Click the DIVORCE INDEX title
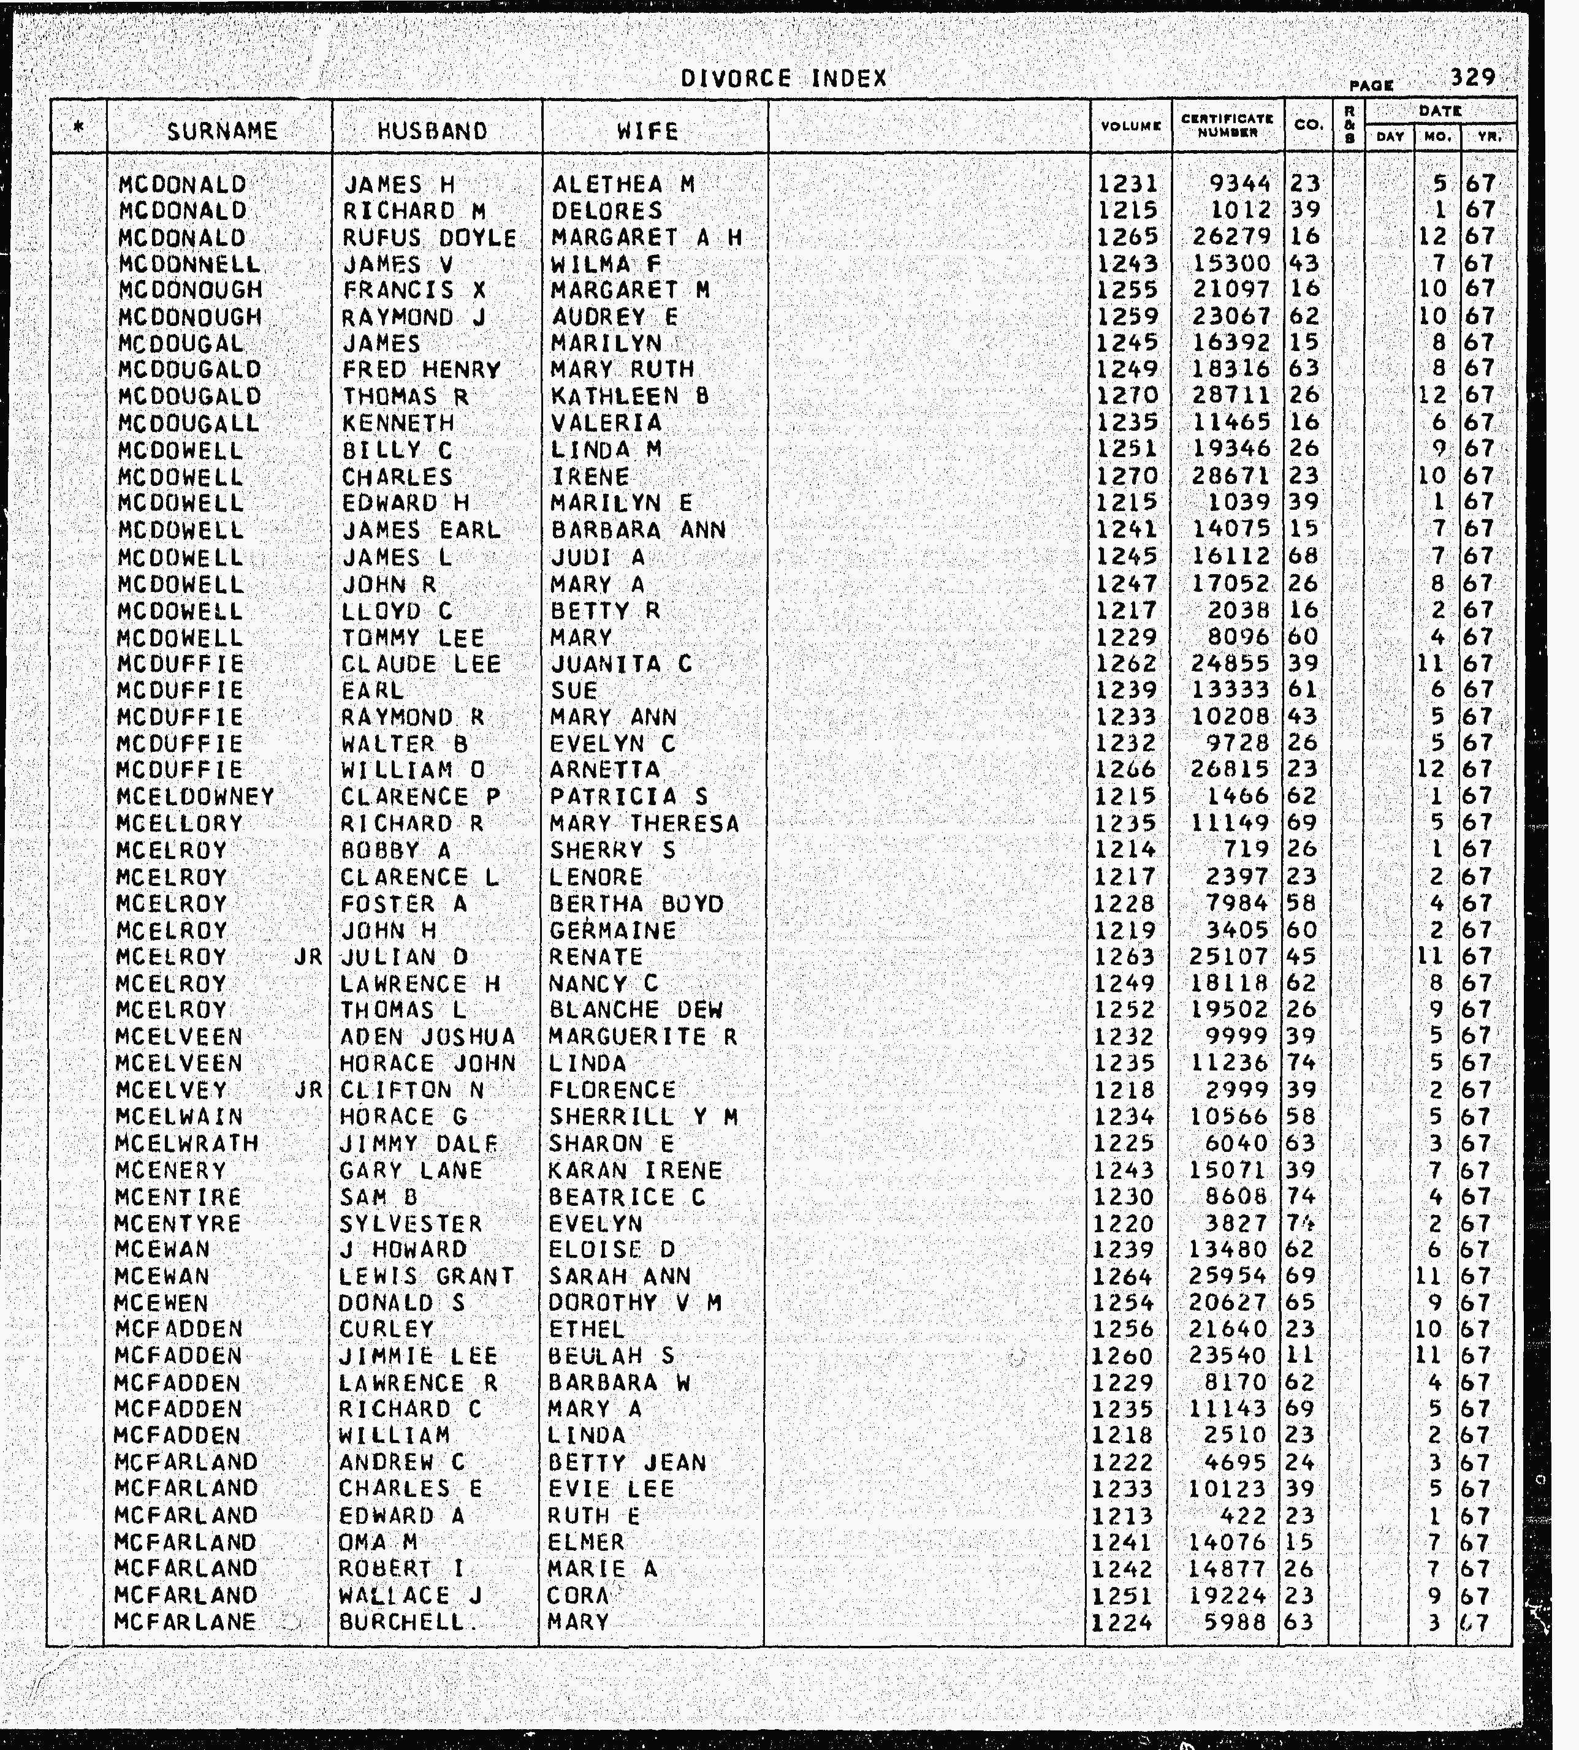[783, 79]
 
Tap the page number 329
[1472, 77]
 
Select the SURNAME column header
[222, 131]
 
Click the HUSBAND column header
[433, 131]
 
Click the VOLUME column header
[1130, 127]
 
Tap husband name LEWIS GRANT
[427, 1276]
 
